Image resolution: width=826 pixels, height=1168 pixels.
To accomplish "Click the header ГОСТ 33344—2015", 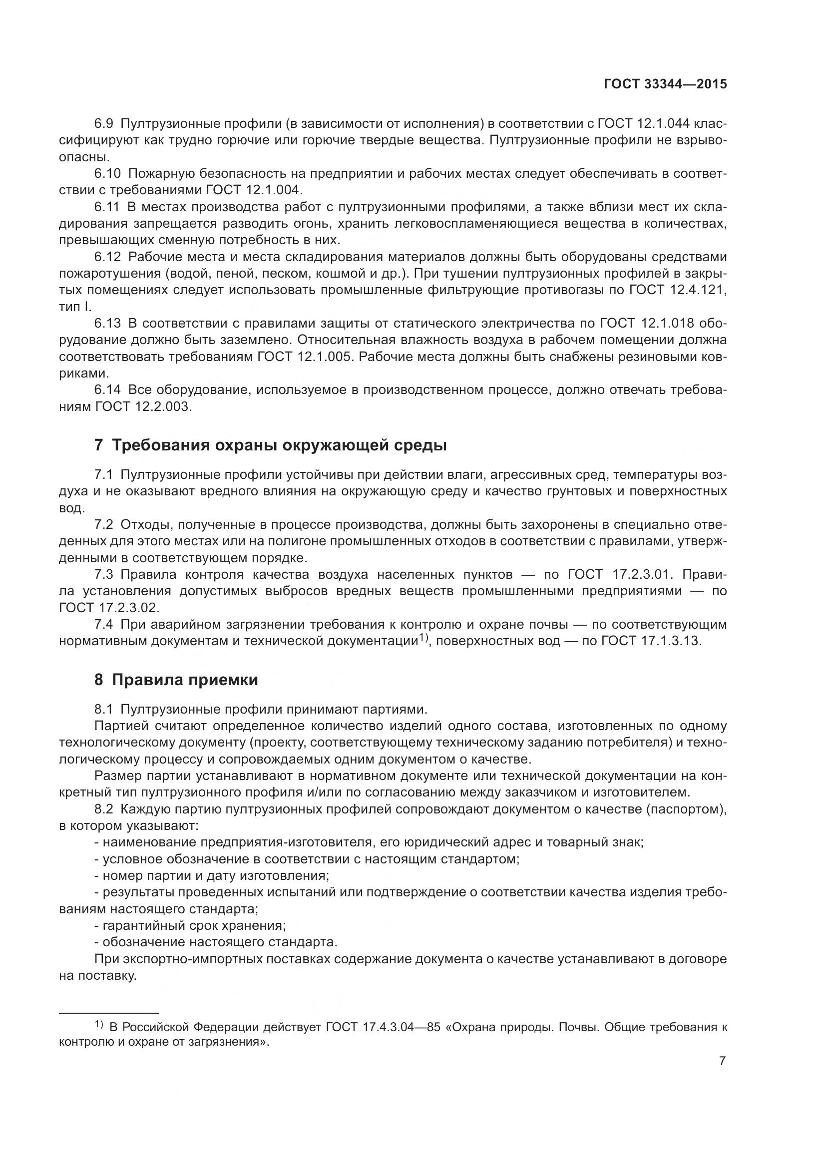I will [x=665, y=84].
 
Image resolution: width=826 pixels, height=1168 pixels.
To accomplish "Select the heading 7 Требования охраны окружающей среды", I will [x=270, y=445].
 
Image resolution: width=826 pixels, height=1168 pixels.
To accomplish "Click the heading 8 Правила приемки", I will [x=176, y=680].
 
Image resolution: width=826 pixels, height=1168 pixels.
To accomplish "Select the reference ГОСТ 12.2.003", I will [x=143, y=406].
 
